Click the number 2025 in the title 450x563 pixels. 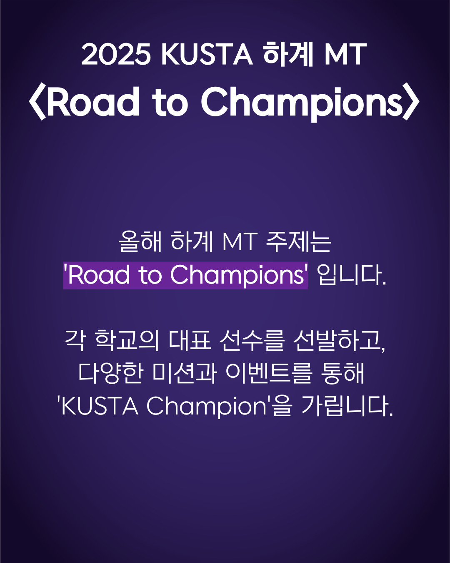[x=116, y=54]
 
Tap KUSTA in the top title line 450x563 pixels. [x=207, y=54]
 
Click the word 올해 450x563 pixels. [x=140, y=241]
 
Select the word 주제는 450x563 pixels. [x=299, y=241]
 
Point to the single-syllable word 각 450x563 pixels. [x=75, y=340]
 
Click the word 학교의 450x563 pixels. [x=127, y=340]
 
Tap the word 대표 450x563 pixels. [x=190, y=340]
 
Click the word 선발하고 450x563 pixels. [x=339, y=340]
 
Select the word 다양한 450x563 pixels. [x=110, y=373]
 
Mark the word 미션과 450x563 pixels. [x=184, y=373]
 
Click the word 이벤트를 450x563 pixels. [x=269, y=373]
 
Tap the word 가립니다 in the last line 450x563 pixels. [x=347, y=406]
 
